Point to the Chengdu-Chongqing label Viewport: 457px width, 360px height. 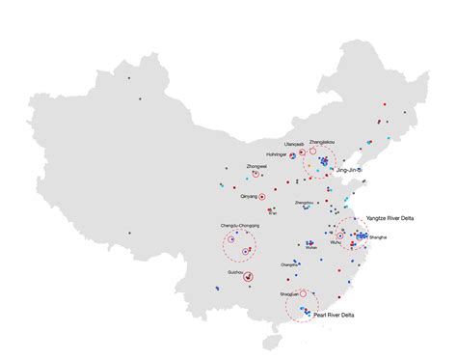click(240, 226)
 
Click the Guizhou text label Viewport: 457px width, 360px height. click(234, 272)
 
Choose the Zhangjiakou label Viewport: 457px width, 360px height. click(323, 142)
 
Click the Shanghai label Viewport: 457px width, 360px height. click(378, 237)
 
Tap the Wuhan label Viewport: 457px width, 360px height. click(310, 248)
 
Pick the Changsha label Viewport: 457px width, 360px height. click(289, 264)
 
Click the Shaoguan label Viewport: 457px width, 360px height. click(289, 292)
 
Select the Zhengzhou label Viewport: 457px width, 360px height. click(304, 203)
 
